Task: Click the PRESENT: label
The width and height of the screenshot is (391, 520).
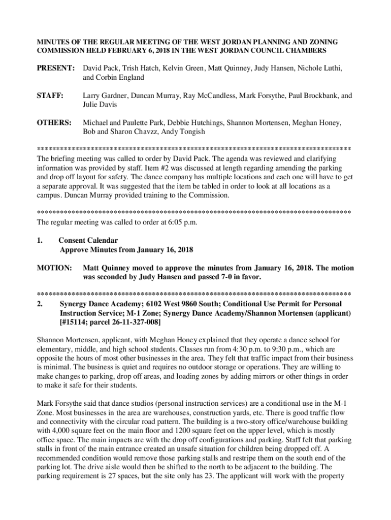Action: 56,68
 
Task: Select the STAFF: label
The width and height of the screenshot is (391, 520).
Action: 49,95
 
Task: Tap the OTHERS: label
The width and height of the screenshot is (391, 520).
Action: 53,123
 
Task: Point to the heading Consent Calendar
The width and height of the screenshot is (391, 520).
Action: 88,240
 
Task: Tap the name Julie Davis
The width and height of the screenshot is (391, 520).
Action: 100,105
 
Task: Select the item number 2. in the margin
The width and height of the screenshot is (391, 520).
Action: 40,304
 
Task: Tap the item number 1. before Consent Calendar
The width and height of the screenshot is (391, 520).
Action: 40,240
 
